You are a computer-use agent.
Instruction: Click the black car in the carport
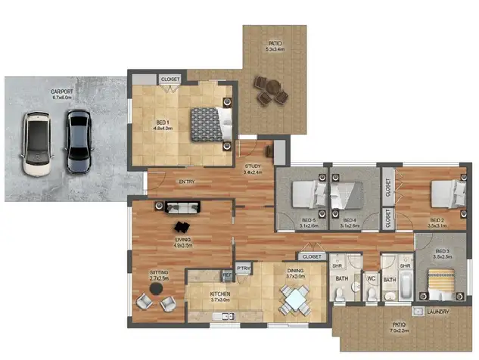coord(77,141)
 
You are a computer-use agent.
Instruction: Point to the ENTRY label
coord(187,182)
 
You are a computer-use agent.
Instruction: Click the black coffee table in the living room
coord(182,226)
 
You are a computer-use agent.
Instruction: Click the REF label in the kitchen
coord(226,275)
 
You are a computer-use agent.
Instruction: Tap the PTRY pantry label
coord(244,268)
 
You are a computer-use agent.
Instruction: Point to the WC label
coord(371,278)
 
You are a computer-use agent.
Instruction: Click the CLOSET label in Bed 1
coord(169,78)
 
